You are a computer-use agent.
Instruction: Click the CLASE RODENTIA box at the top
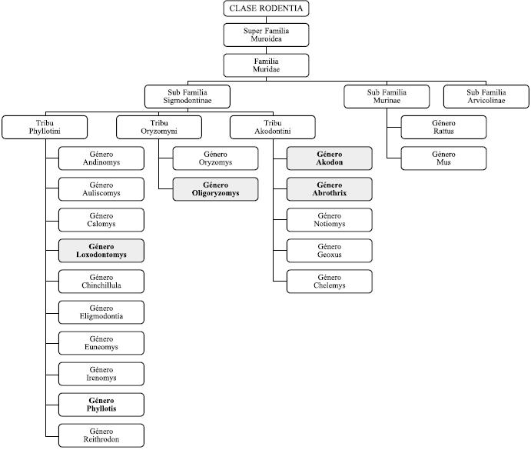267,9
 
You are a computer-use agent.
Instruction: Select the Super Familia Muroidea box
267,35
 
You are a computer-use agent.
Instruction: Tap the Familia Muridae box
267,65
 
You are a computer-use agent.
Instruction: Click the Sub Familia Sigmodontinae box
187,96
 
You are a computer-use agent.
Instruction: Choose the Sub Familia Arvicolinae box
486,96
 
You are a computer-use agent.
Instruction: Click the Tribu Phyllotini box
45,127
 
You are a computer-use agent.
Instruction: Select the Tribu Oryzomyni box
159,127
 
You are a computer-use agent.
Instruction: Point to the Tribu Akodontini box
272,127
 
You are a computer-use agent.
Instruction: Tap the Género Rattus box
443,127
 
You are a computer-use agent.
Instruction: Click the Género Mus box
443,158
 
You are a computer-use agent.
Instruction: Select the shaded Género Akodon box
329,158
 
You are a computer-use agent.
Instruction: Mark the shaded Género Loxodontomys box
101,250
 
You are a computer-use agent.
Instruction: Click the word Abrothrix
329,194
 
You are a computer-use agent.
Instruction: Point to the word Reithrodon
101,440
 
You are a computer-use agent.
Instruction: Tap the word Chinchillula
101,286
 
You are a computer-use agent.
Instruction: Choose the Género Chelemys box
329,281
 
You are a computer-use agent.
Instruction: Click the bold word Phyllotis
101,409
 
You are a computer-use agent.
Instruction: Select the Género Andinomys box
101,158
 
